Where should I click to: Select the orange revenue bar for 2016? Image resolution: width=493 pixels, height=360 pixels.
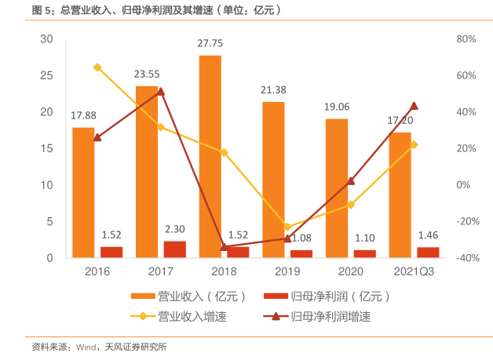83,192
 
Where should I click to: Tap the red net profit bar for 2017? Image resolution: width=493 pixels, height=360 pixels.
175,249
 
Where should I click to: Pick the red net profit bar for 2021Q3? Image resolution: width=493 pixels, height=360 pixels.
428,252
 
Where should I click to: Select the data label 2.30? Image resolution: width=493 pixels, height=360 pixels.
175,229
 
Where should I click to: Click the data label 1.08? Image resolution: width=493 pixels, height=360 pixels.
301,238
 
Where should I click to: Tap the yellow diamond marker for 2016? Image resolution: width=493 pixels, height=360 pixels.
97,67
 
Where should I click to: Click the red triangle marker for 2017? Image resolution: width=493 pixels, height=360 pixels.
161,92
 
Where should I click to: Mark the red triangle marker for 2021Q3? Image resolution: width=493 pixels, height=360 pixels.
414,106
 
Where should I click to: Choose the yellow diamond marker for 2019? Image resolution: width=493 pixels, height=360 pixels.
287,227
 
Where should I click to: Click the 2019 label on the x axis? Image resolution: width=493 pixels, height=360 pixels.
287,271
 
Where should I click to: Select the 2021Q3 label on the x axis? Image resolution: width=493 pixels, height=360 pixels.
414,271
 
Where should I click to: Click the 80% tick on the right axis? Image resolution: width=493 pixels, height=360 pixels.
466,39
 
